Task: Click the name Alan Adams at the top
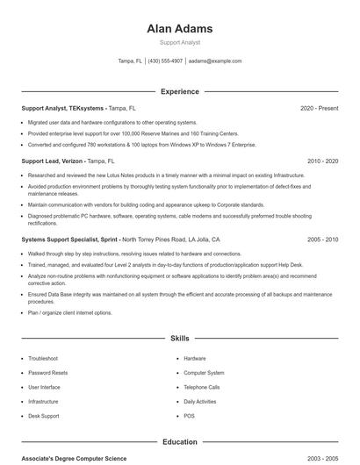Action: pos(179,29)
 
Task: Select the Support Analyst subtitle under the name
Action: pos(179,42)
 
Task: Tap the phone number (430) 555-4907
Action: pos(165,61)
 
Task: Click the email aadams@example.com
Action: pos(215,61)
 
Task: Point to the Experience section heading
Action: pos(179,91)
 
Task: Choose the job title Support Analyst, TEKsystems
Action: pos(63,108)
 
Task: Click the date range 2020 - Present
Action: pos(319,108)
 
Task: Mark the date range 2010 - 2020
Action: pos(322,161)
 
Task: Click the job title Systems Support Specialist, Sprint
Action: pos(69,239)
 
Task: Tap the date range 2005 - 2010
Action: pos(322,239)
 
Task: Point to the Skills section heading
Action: pos(179,338)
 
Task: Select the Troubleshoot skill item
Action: pos(43,358)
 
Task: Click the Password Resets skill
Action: pos(47,373)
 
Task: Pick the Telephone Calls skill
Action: pos(202,387)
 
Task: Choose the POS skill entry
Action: pos(189,415)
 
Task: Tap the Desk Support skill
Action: pos(44,415)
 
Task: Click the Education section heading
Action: pos(179,442)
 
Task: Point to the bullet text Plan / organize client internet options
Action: pos(70,312)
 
